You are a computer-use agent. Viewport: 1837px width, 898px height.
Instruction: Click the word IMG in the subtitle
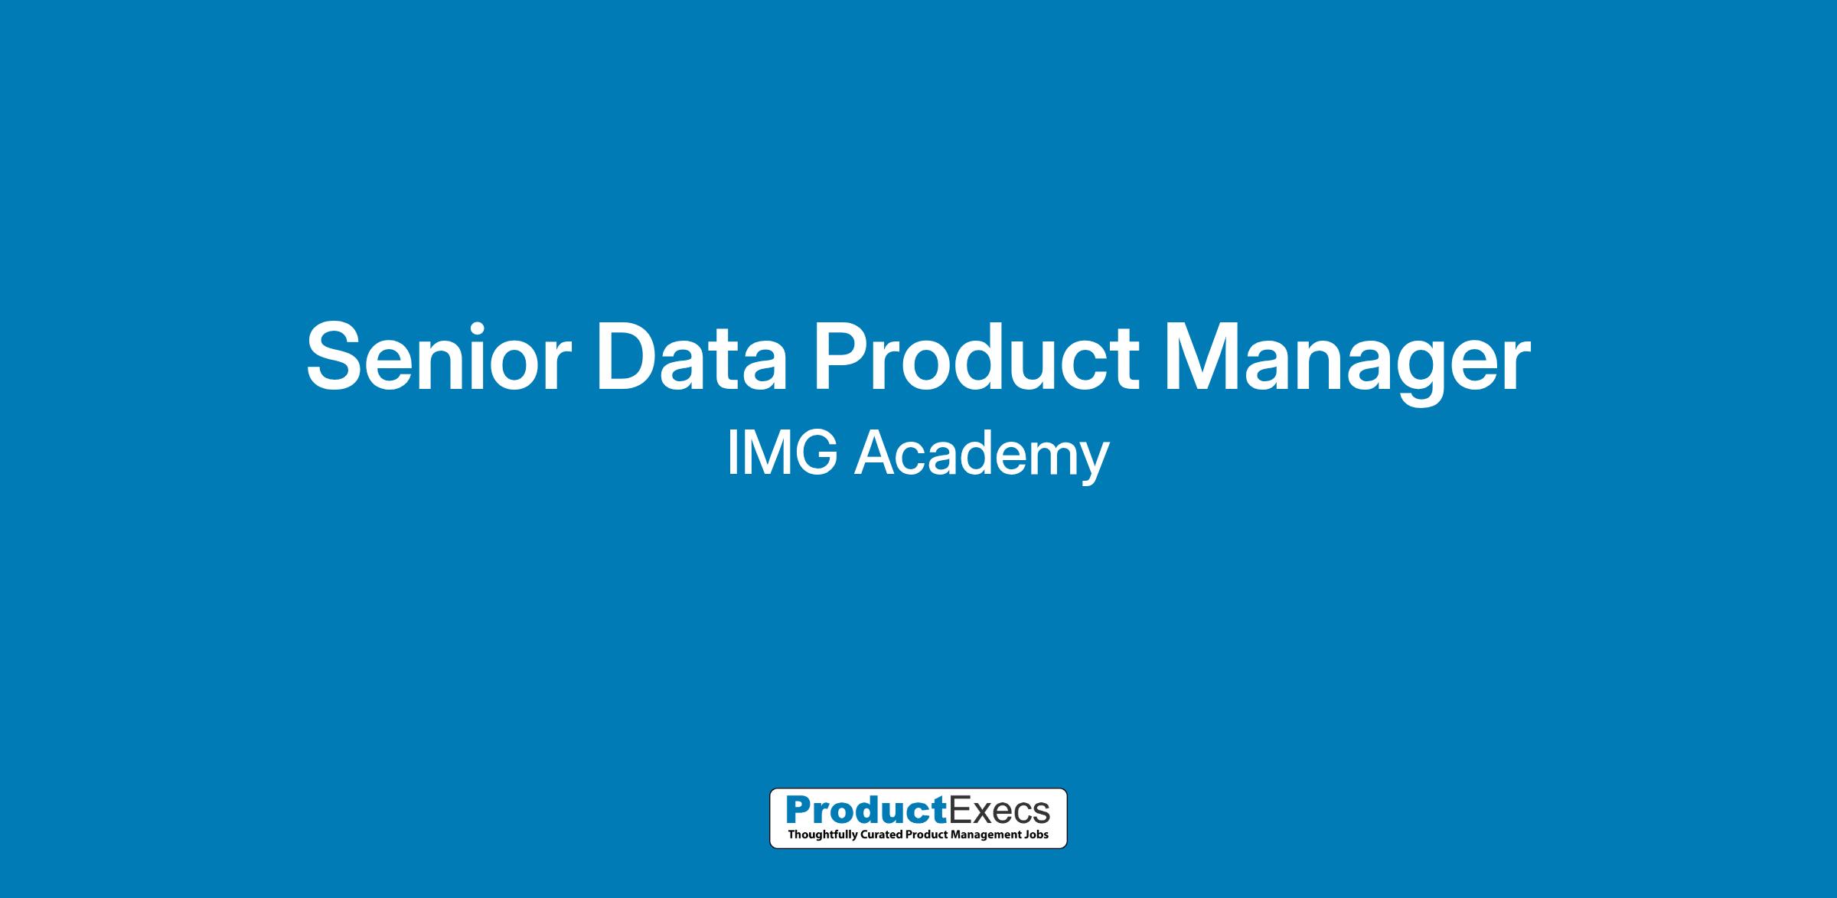point(782,453)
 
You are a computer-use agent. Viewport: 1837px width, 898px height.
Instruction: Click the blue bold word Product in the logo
point(866,809)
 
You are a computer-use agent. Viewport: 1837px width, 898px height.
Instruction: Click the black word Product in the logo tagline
point(926,834)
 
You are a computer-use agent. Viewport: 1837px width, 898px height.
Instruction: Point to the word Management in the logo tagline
point(987,835)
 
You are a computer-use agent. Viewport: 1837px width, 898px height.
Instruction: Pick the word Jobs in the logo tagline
point(1038,834)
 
